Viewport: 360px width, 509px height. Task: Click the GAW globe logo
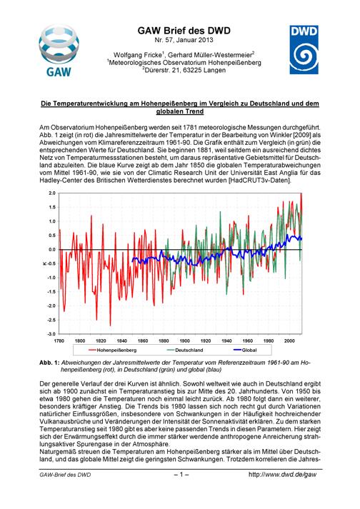(59, 50)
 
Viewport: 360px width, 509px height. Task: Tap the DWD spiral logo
(304, 50)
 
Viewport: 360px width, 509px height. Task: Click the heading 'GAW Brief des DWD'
(184, 31)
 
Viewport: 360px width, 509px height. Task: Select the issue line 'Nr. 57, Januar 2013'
(184, 40)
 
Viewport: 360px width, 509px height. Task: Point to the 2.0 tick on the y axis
(52, 193)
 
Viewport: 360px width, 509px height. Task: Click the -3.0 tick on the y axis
(51, 333)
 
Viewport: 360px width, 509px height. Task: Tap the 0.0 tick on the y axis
(52, 249)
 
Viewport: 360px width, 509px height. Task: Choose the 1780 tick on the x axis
(59, 341)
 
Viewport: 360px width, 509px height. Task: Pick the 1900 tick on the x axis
(184, 341)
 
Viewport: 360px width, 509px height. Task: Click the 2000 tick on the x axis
(289, 341)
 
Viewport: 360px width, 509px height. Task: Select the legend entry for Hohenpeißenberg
(112, 350)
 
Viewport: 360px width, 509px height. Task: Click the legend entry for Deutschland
(185, 350)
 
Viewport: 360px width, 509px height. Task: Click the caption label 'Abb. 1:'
(49, 362)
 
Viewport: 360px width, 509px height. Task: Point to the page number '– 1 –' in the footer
(181, 475)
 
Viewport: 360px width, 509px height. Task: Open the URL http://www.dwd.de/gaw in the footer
(282, 475)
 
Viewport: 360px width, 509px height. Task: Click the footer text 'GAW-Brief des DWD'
(65, 475)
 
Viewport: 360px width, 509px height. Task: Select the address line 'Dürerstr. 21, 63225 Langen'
(184, 70)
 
